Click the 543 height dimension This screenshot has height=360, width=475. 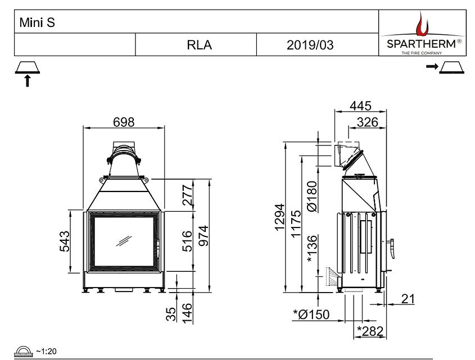pyautogui.click(x=65, y=241)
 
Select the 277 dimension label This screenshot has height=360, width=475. pyautogui.click(x=187, y=195)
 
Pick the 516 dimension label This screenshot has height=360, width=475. pyautogui.click(x=187, y=241)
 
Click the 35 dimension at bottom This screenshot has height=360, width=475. pyautogui.click(x=171, y=313)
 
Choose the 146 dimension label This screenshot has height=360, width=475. pyautogui.click(x=187, y=312)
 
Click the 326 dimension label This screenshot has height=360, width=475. pyautogui.click(x=368, y=122)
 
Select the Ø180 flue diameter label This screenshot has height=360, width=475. pyautogui.click(x=314, y=196)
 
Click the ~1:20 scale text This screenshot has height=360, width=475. pyautogui.click(x=46, y=351)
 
